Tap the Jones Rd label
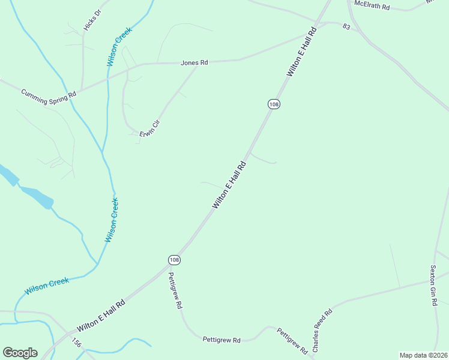(x=194, y=62)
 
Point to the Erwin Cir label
(x=150, y=130)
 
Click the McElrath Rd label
(x=372, y=5)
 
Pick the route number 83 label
(x=346, y=27)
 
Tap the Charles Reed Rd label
(x=322, y=331)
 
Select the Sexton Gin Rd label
(x=433, y=286)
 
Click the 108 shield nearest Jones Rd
(x=274, y=104)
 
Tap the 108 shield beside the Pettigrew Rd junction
(x=174, y=260)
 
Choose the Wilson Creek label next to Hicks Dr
(x=119, y=46)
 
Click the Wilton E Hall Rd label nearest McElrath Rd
(x=301, y=52)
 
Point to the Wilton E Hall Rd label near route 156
(x=101, y=317)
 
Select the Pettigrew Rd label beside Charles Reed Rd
(x=292, y=340)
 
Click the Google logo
(x=20, y=353)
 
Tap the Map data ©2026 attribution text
(x=423, y=355)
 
